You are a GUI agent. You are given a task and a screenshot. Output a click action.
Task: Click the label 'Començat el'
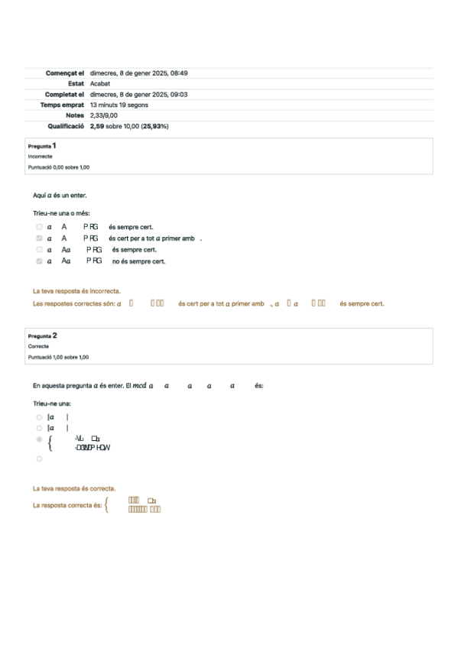64,73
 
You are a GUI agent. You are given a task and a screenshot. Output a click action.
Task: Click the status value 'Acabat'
100,84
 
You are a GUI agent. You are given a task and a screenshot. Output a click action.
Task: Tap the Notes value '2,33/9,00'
103,115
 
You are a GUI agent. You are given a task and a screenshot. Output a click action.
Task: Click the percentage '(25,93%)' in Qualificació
153,126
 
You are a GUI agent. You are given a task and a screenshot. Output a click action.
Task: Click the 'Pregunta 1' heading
42,145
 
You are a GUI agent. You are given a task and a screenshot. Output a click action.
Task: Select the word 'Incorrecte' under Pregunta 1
40,156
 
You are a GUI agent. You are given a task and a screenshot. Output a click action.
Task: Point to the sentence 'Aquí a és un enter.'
60,196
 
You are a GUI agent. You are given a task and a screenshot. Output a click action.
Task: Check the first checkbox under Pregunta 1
39,227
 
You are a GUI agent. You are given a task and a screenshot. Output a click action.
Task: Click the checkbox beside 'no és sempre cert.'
39,261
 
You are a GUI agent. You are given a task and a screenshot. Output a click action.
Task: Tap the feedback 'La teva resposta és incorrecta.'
76,291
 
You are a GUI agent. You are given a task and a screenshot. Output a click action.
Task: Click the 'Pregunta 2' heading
43,335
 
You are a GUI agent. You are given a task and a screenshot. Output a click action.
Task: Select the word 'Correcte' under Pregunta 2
38,346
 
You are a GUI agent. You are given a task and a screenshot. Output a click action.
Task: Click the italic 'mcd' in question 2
139,386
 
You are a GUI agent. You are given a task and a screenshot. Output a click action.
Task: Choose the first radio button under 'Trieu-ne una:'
39,417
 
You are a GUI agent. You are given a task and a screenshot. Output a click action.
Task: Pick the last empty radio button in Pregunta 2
39,458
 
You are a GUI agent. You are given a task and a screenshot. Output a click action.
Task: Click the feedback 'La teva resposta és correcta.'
74,488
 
